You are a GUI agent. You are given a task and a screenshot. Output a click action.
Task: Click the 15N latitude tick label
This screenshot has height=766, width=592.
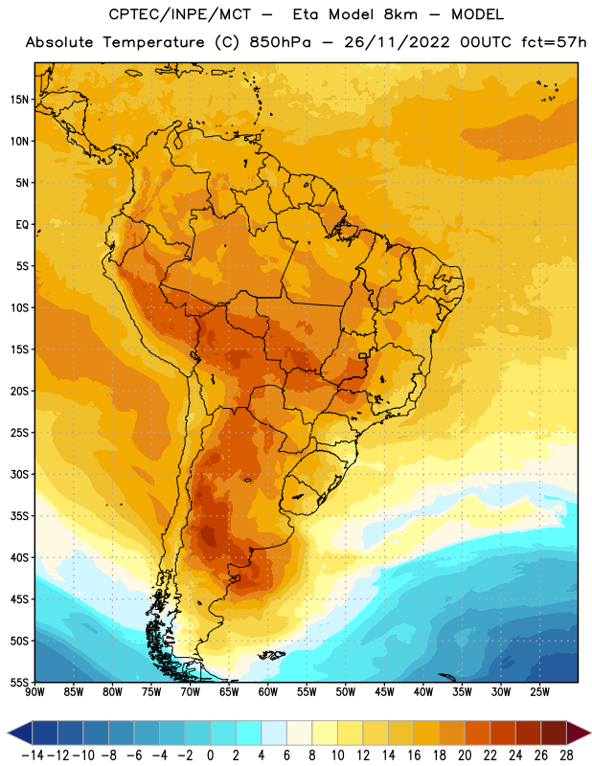click(19, 100)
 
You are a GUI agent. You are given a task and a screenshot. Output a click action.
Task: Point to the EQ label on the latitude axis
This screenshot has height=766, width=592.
click(22, 225)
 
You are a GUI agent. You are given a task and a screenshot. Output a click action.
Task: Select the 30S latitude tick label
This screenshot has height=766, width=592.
click(19, 474)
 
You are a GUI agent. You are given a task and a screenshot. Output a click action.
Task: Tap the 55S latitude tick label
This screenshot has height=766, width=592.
click(19, 683)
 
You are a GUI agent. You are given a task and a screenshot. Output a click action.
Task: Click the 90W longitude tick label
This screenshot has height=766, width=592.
click(34, 692)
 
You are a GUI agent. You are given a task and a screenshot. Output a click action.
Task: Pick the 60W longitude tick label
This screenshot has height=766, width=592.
click(267, 692)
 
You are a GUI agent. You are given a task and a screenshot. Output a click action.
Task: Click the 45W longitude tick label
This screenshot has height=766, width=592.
click(384, 692)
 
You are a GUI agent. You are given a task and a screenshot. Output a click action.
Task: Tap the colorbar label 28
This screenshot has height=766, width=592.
click(566, 755)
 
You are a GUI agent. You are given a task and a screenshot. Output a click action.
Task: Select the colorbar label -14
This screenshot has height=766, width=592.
click(33, 755)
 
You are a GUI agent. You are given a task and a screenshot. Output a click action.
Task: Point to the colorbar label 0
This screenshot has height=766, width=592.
click(210, 755)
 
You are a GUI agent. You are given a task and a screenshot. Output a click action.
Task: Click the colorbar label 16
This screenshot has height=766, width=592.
click(414, 755)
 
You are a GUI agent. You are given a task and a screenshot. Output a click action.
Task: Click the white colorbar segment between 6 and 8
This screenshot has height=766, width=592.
click(299, 732)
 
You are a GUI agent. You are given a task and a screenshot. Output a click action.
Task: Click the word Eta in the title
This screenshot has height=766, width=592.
click(305, 14)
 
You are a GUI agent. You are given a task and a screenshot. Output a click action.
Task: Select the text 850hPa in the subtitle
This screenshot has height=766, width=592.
click(280, 42)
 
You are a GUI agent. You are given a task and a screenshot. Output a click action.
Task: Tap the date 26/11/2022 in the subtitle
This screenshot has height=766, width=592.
click(397, 42)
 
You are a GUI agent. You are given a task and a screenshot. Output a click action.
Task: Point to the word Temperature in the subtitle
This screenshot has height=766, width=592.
click(153, 42)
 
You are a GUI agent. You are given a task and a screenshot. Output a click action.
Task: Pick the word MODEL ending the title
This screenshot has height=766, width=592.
click(477, 14)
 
